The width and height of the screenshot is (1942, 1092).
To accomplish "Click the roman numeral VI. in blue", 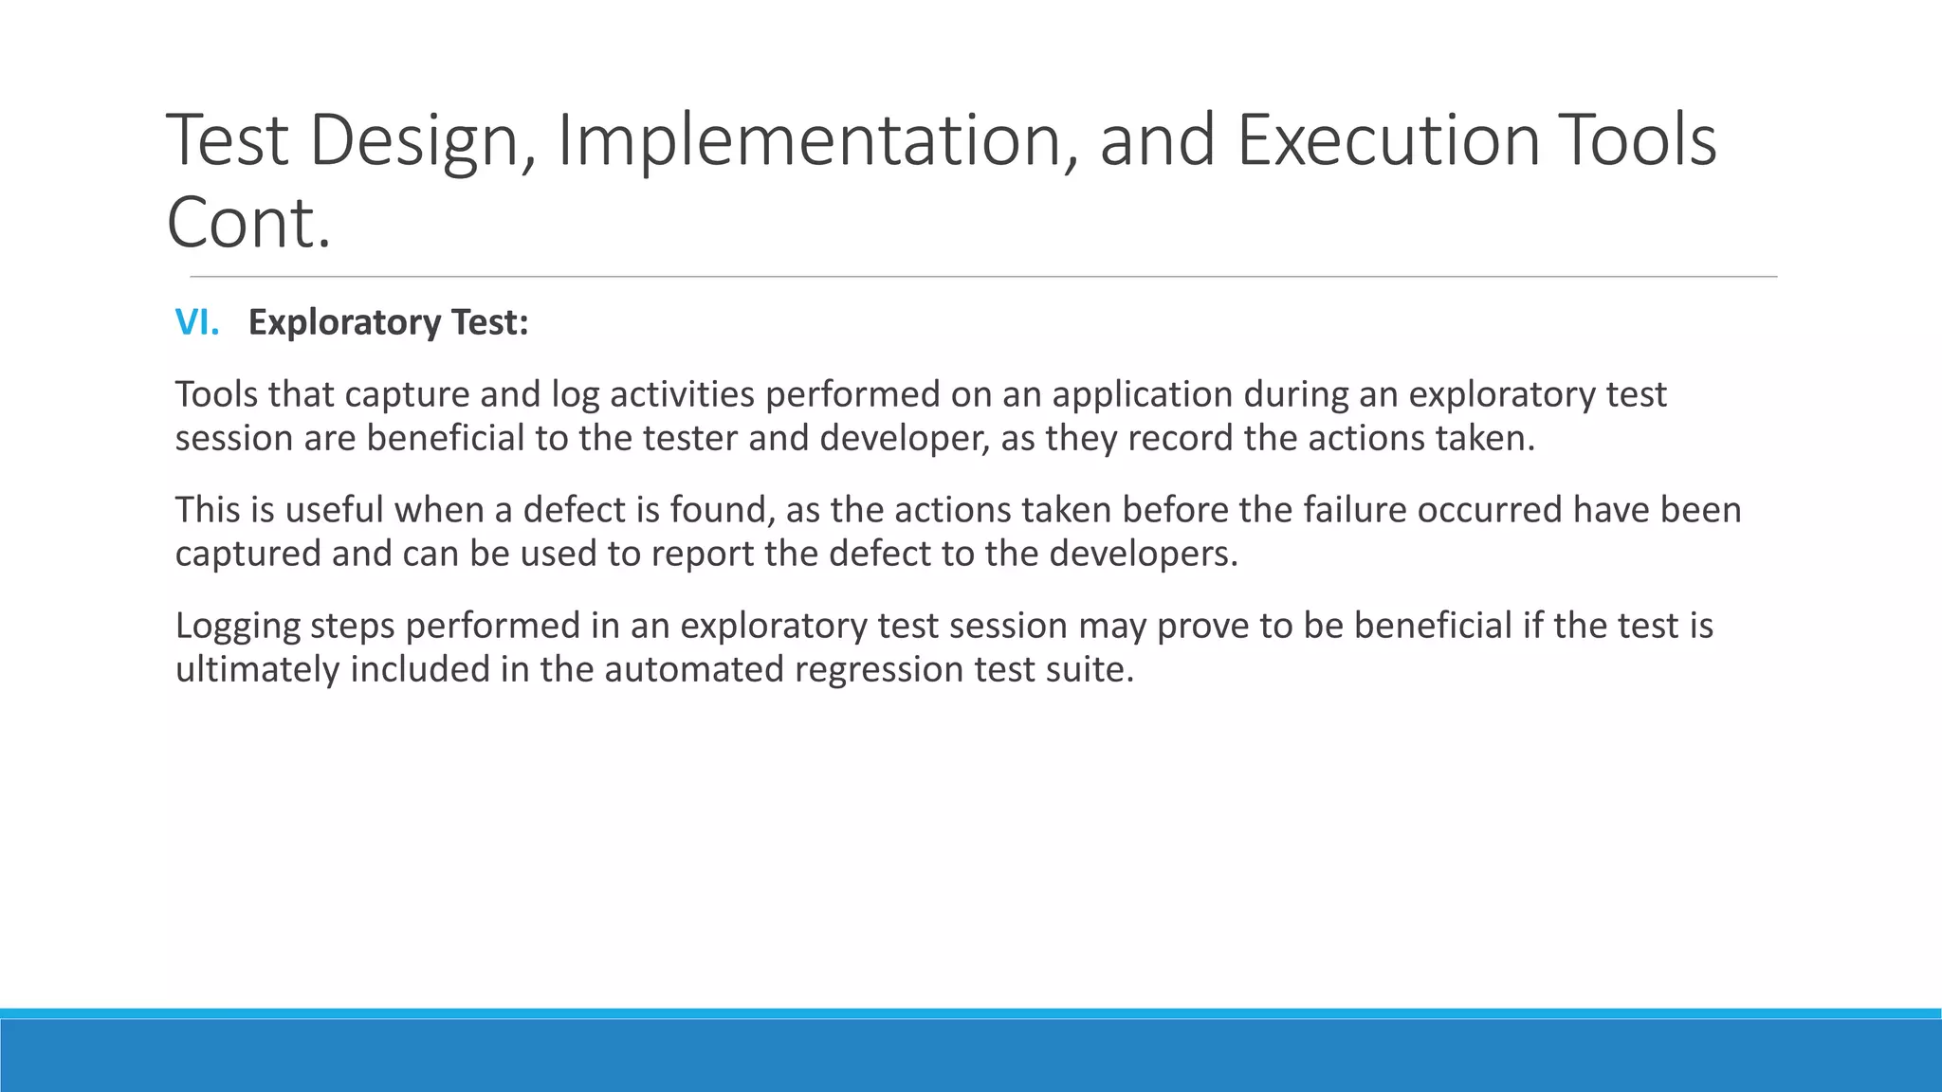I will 197,323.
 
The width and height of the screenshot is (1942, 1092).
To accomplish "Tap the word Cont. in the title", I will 248,224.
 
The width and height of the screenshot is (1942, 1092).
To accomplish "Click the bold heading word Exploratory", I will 345,323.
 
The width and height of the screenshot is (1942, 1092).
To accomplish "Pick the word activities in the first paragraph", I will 682,394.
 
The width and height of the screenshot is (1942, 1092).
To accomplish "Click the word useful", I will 334,510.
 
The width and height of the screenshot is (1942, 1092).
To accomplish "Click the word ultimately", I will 257,670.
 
